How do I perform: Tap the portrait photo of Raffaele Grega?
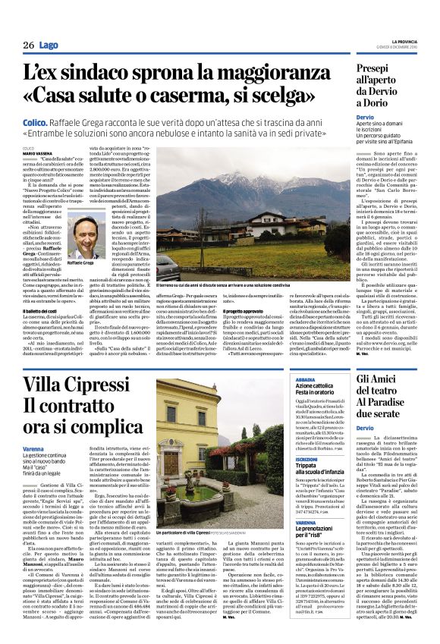point(90,236)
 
